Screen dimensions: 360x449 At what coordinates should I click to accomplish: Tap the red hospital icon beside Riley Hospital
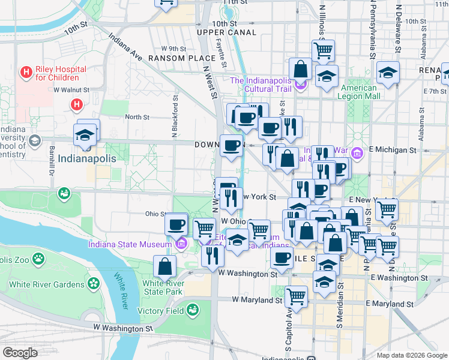pos(26,73)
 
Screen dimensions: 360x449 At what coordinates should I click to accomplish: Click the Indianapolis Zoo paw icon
pos(38,259)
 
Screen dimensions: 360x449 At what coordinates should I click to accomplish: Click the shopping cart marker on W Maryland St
pos(297,295)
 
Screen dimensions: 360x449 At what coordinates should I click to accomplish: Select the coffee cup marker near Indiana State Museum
pos(176,224)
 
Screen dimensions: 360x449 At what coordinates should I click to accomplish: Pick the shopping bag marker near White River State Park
pos(164,266)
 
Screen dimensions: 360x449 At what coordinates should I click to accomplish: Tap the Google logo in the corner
pos(20,353)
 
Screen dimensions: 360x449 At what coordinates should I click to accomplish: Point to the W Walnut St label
pos(71,90)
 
